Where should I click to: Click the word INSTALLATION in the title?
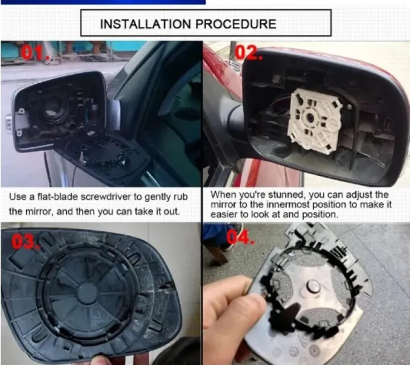(146, 23)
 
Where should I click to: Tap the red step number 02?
(247, 52)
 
